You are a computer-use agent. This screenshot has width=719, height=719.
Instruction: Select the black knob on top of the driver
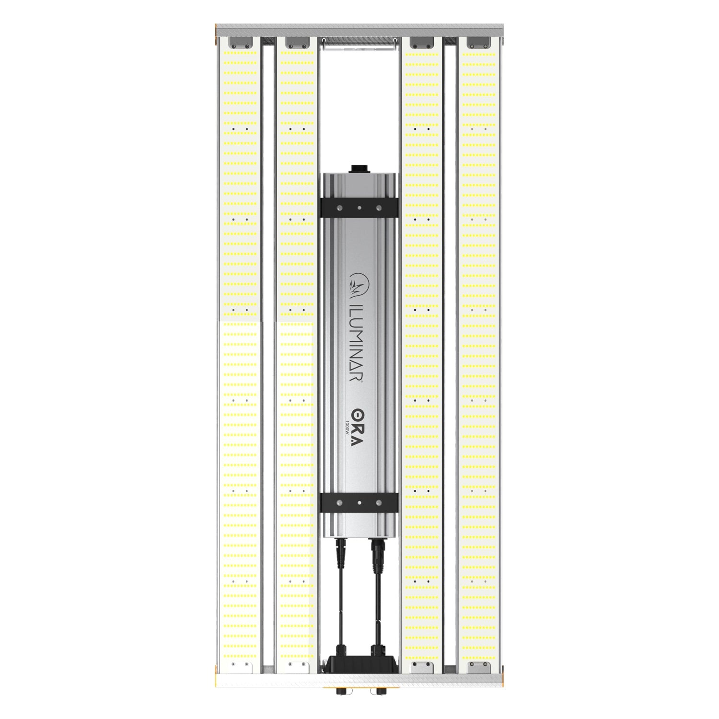(x=359, y=169)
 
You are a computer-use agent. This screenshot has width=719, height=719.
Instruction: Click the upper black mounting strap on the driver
(x=359, y=208)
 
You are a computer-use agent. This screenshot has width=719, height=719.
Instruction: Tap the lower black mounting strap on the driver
(x=359, y=502)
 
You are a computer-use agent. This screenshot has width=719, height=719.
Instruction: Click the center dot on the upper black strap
(x=359, y=208)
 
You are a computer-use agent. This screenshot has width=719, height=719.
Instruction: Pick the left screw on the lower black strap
(x=340, y=502)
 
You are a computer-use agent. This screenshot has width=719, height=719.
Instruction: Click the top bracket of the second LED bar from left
(x=296, y=43)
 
